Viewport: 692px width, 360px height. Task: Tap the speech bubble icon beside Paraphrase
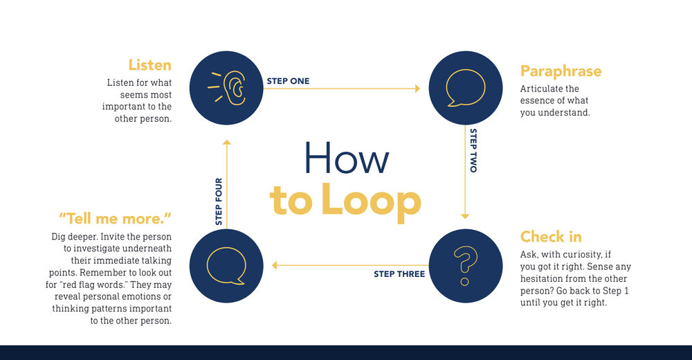466,88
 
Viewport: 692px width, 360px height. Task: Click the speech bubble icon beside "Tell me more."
226,266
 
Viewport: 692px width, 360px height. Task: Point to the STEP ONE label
288,81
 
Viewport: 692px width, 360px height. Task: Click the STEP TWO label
473,150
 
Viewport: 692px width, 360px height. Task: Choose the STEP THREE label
399,274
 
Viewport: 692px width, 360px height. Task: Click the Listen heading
149,65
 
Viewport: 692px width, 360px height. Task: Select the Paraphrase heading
561,71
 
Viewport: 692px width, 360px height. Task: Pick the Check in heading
551,237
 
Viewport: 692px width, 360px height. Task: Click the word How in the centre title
346,159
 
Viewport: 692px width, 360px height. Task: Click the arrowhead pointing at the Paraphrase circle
417,89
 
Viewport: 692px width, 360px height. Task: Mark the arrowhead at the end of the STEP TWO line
465,215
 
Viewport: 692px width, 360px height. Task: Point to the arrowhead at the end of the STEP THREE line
275,265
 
